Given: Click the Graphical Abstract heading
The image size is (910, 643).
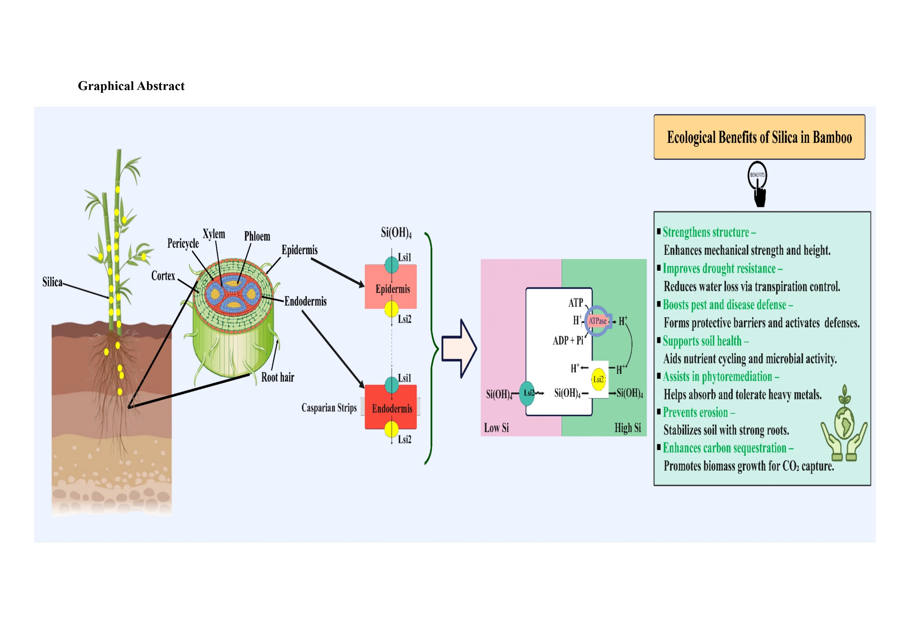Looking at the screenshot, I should click(131, 86).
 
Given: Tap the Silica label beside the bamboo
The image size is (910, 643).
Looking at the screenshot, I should click(52, 282).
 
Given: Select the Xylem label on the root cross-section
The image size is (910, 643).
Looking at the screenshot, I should click(214, 234).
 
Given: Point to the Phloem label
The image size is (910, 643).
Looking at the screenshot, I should click(257, 237).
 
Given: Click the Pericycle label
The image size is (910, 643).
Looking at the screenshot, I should click(183, 243).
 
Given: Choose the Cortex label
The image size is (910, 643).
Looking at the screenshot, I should click(163, 276).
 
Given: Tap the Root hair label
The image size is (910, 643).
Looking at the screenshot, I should click(277, 377).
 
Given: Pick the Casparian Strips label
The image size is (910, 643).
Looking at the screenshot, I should click(329, 408).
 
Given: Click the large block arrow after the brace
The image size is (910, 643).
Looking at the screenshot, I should click(459, 348).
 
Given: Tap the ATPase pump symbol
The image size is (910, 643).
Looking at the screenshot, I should click(597, 321).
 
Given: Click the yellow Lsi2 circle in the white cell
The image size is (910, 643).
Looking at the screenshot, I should click(599, 379).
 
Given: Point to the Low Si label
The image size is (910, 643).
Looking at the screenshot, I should click(496, 428).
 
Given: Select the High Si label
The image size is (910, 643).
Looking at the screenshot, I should click(627, 428).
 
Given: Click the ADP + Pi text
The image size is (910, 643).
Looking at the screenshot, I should click(568, 340).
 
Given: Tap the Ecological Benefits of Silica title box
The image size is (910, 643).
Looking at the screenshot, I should click(759, 137).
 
